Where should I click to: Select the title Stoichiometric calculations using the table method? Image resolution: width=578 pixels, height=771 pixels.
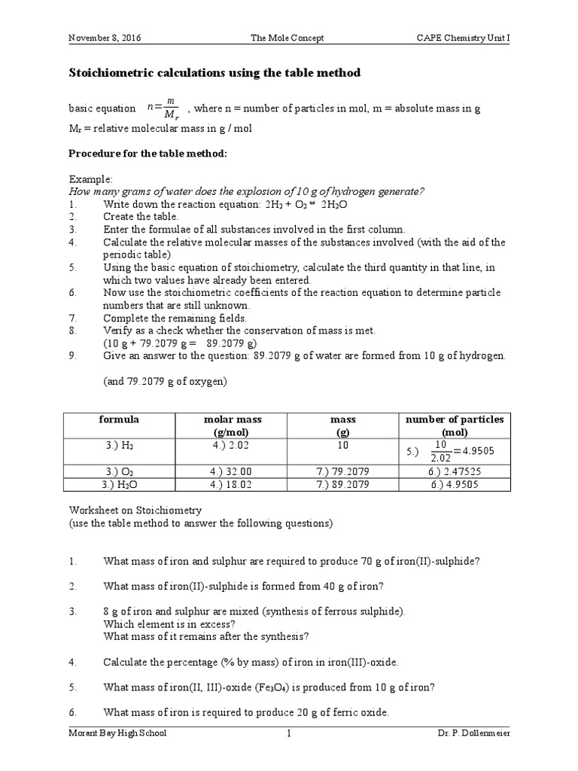pyautogui.click(x=214, y=73)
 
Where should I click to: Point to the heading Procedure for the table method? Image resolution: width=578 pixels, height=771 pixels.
pyautogui.click(x=148, y=153)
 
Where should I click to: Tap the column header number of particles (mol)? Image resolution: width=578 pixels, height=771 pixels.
pyautogui.click(x=455, y=425)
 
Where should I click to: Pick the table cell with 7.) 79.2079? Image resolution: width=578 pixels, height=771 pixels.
pyautogui.click(x=343, y=473)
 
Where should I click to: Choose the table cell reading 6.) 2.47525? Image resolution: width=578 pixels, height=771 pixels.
pyautogui.click(x=455, y=473)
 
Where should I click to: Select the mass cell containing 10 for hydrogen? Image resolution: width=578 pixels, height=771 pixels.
pyautogui.click(x=343, y=445)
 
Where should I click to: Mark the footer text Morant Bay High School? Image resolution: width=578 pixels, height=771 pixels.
pyautogui.click(x=118, y=733)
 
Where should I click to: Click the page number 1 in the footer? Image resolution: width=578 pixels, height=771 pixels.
pyautogui.click(x=288, y=733)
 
